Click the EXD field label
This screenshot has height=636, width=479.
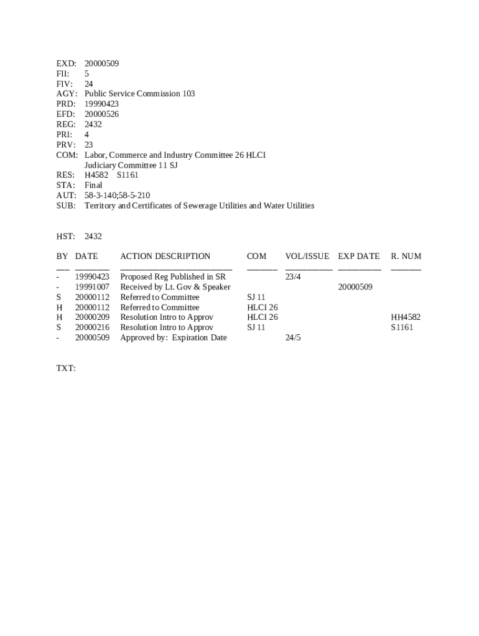pyautogui.click(x=66, y=63)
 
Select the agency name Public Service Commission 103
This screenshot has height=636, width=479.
pyautogui.click(x=139, y=94)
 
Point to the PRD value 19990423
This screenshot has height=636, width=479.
pyautogui.click(x=101, y=104)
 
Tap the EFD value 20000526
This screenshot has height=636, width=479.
pyautogui.click(x=101, y=114)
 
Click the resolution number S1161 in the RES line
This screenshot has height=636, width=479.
pyautogui.click(x=128, y=175)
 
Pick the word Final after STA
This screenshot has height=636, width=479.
pyautogui.click(x=93, y=185)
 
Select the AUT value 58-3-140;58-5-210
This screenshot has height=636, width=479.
pyautogui.click(x=117, y=195)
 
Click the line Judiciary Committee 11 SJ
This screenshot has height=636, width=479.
pyautogui.click(x=131, y=165)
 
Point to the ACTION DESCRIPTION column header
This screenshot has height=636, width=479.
pyautogui.click(x=165, y=256)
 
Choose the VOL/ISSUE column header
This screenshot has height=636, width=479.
pyautogui.click(x=307, y=256)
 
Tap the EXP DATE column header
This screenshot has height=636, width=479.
pyautogui.click(x=358, y=256)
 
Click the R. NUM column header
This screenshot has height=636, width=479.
pyautogui.click(x=406, y=256)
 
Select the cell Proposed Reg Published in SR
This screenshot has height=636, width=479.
pyautogui.click(x=172, y=276)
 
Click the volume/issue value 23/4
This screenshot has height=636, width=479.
pyautogui.click(x=293, y=276)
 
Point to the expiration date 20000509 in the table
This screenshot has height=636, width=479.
pyautogui.click(x=355, y=287)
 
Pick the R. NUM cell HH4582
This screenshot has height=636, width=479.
pyautogui.click(x=405, y=317)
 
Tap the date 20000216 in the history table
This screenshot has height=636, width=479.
pyautogui.click(x=92, y=327)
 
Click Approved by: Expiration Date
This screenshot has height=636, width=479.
pyautogui.click(x=173, y=338)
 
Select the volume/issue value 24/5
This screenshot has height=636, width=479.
pyautogui.click(x=293, y=338)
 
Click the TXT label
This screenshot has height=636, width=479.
pyautogui.click(x=66, y=368)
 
